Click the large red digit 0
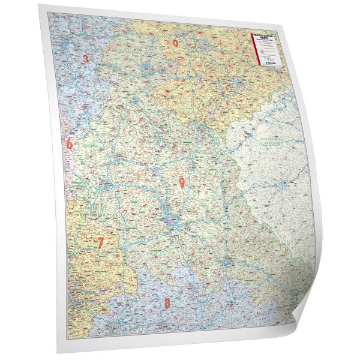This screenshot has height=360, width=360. (175, 43)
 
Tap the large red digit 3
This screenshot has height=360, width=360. (86, 58)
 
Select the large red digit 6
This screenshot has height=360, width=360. (70, 144)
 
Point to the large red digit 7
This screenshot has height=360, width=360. (100, 243)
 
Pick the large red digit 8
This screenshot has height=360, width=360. (167, 303)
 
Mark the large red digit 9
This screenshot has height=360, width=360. (181, 184)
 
